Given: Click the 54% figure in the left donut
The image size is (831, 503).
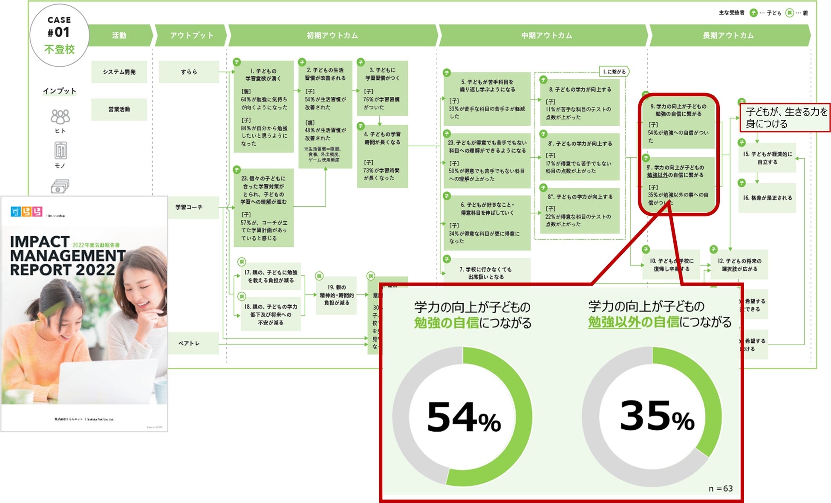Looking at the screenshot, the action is click(x=464, y=417).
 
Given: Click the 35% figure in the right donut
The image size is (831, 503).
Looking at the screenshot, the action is click(x=657, y=416).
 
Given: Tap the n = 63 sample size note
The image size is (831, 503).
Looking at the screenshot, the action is click(x=720, y=489).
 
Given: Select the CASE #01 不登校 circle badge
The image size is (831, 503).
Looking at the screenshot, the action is click(x=59, y=35).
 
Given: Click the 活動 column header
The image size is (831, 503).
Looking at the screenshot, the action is click(x=119, y=35).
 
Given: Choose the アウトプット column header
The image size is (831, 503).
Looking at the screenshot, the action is click(x=191, y=35).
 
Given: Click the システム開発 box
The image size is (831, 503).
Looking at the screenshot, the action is click(x=119, y=72).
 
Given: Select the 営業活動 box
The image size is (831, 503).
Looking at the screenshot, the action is click(x=119, y=110).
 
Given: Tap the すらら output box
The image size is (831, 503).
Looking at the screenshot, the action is click(x=189, y=72).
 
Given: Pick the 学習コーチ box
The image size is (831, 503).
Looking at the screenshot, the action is click(x=189, y=207).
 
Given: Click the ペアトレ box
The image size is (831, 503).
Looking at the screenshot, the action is click(x=189, y=343).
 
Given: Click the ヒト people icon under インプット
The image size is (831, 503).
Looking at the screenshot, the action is click(x=60, y=117).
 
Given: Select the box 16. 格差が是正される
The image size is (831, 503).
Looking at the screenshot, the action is click(x=767, y=198).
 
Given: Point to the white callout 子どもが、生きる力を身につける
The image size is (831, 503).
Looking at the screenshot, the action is click(x=785, y=118).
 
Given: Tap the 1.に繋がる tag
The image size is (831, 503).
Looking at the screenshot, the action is click(x=614, y=72).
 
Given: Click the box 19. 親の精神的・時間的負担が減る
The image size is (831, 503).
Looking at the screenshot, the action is click(x=336, y=295).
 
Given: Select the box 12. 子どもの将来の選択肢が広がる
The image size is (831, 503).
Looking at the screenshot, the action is click(x=739, y=265).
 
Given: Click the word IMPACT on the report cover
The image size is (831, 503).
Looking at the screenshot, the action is click(x=40, y=242).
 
